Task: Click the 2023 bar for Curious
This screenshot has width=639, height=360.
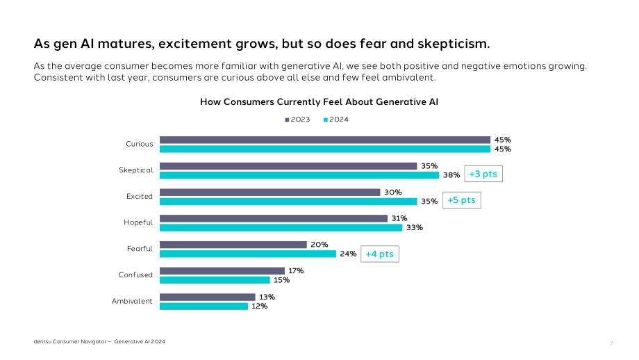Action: [x=325, y=140]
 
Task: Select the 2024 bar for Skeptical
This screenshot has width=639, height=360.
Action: [x=299, y=175]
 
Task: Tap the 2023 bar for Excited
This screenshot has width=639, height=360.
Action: [x=269, y=192]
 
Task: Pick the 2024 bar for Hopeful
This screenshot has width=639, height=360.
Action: [x=281, y=227]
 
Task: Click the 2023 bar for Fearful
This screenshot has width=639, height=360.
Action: [x=233, y=245]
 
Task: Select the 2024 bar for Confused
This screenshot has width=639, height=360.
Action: [x=215, y=280]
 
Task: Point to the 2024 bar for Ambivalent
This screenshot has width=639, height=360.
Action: [x=204, y=306]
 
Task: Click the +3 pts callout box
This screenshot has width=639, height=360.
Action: [x=483, y=174]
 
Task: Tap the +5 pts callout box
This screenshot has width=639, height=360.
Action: [x=462, y=200]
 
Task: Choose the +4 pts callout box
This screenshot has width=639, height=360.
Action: [x=380, y=254]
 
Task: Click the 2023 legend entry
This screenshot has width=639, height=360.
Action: [x=297, y=120]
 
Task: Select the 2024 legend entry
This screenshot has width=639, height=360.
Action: [x=336, y=120]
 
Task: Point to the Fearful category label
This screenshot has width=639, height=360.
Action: [x=140, y=249]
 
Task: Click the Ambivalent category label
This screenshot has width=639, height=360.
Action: [x=132, y=302]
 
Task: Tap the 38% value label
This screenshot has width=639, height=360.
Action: [x=451, y=175]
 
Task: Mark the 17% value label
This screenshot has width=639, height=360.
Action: [x=296, y=271]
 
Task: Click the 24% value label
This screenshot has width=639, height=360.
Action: [x=348, y=254]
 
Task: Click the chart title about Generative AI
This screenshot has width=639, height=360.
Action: [x=319, y=102]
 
